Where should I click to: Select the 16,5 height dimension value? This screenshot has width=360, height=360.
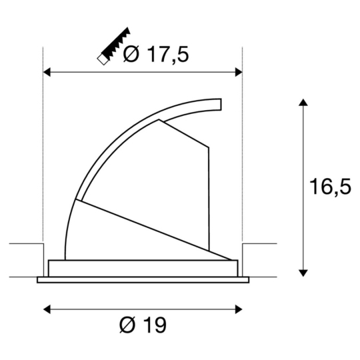(330, 187)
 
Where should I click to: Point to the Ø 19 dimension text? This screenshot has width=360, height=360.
(143, 325)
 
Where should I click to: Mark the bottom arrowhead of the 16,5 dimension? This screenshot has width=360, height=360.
(303, 271)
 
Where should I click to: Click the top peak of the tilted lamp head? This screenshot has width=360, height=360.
(159, 121)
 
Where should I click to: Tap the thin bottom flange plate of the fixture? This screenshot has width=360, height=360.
(143, 279)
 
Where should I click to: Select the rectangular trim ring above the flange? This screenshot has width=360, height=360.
(143, 268)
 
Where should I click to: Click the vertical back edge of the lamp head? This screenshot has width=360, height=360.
(209, 200)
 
